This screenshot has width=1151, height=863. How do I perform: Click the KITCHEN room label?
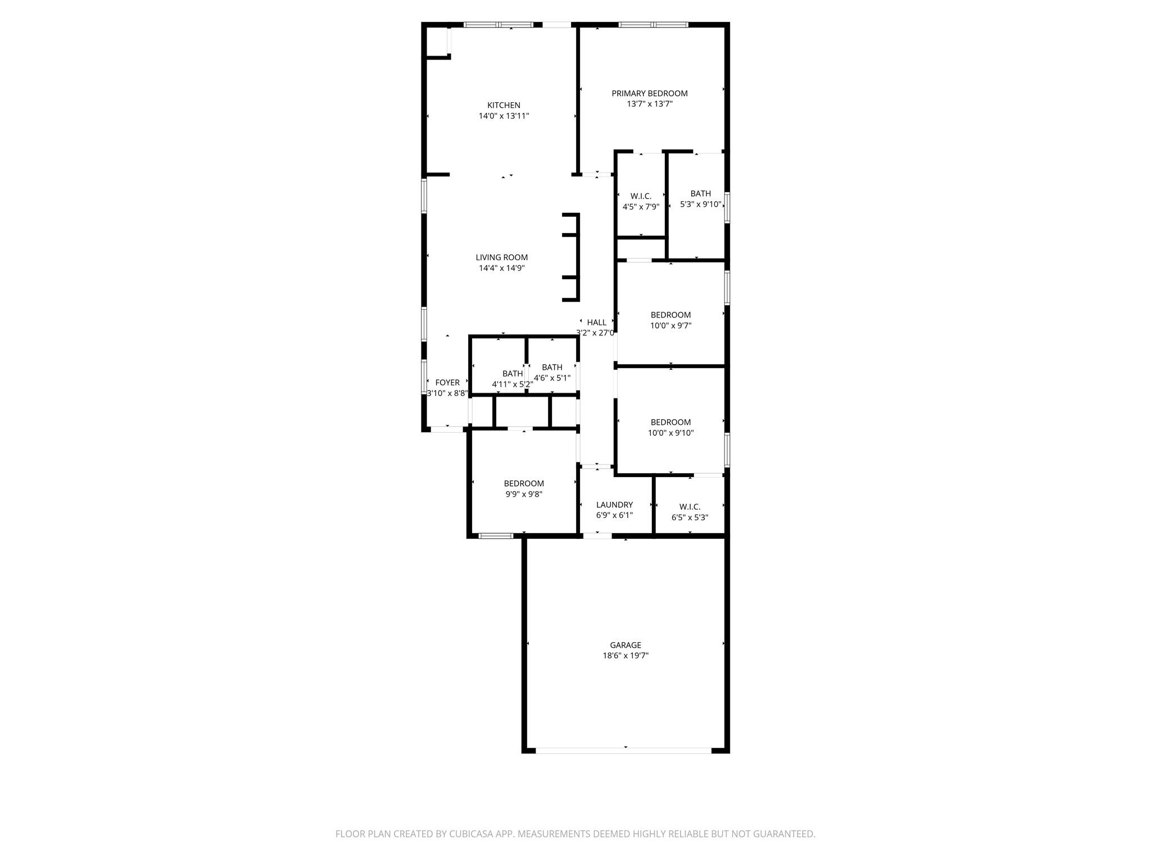tap(504, 105)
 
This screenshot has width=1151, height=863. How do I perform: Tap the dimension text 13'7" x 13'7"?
tap(650, 104)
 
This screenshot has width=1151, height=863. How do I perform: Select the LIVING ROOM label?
tap(502, 257)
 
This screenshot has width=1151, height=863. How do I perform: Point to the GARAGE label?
tap(626, 645)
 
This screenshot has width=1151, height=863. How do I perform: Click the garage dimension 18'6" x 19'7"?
tap(626, 656)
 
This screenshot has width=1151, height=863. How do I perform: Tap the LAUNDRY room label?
tap(614, 505)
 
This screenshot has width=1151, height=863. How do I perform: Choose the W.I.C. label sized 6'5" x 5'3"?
tap(690, 507)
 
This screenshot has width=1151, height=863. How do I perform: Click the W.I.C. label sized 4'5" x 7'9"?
tap(641, 196)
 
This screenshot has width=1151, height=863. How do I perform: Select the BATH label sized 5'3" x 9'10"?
tap(700, 194)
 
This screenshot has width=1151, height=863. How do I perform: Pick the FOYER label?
tap(447, 383)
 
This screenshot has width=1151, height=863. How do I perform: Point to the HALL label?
tap(596, 323)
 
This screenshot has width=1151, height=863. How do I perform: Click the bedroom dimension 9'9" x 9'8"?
tap(524, 494)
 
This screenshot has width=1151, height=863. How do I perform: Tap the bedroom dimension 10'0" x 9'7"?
tap(670, 326)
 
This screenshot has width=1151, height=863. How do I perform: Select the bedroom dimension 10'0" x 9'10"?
tap(670, 433)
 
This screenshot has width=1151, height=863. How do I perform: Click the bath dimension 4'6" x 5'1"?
tap(552, 378)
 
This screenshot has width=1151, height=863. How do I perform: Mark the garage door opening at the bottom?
tap(624, 750)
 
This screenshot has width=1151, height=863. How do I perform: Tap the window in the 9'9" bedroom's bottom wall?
tap(496, 536)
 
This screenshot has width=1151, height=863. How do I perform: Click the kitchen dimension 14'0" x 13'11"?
tap(504, 116)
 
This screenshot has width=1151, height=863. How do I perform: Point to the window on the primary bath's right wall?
tap(727, 207)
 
